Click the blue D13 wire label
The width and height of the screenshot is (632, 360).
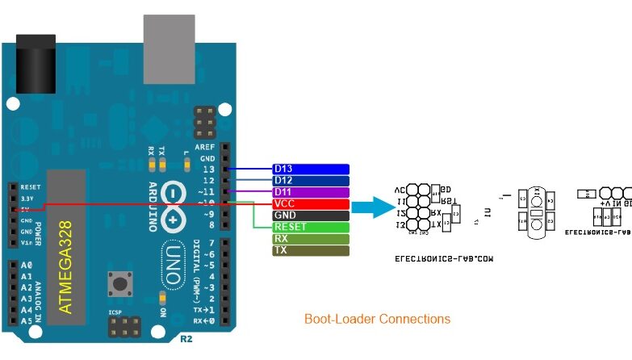point(311,169)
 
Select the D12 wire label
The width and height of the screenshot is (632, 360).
point(311,181)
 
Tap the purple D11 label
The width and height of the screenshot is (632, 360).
point(311,192)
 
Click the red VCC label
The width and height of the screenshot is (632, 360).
point(311,204)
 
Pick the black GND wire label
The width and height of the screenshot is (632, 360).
point(311,216)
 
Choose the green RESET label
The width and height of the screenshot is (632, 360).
point(311,228)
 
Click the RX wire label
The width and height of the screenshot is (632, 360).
point(311,239)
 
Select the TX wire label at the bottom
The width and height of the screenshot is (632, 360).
point(311,251)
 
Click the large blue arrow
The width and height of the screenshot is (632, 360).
point(375,208)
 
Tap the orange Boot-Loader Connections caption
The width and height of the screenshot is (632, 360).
point(377,319)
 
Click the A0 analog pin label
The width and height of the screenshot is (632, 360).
point(27,266)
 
